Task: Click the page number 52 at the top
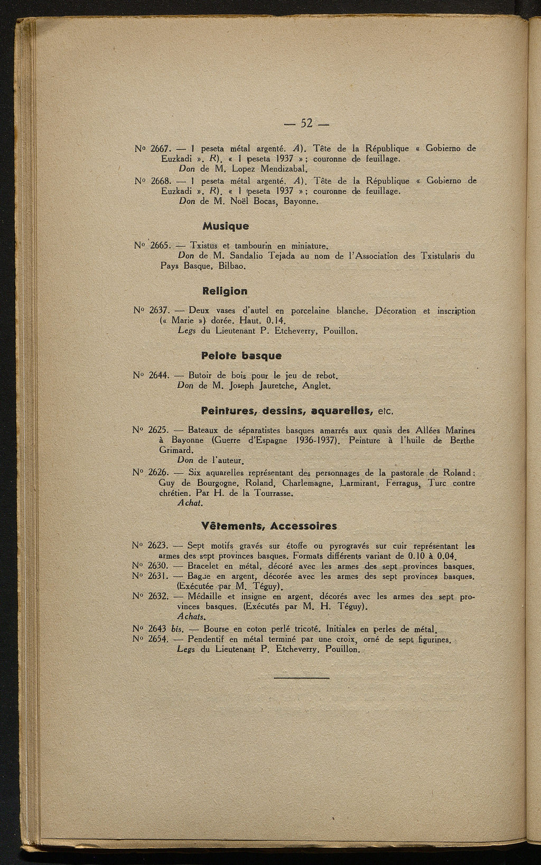pos(307,124)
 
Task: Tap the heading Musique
pos(226,226)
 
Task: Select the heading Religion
pos(225,291)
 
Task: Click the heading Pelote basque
pos(241,356)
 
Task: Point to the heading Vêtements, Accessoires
pos(269,526)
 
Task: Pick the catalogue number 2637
pos(158,311)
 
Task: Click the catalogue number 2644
pos(158,376)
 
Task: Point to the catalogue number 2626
pos(157,473)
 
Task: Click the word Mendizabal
pos(285,169)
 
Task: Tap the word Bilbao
pos(233,266)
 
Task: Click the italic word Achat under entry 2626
pos(190,503)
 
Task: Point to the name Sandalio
pos(248,256)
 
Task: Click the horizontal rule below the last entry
pos(302,678)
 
